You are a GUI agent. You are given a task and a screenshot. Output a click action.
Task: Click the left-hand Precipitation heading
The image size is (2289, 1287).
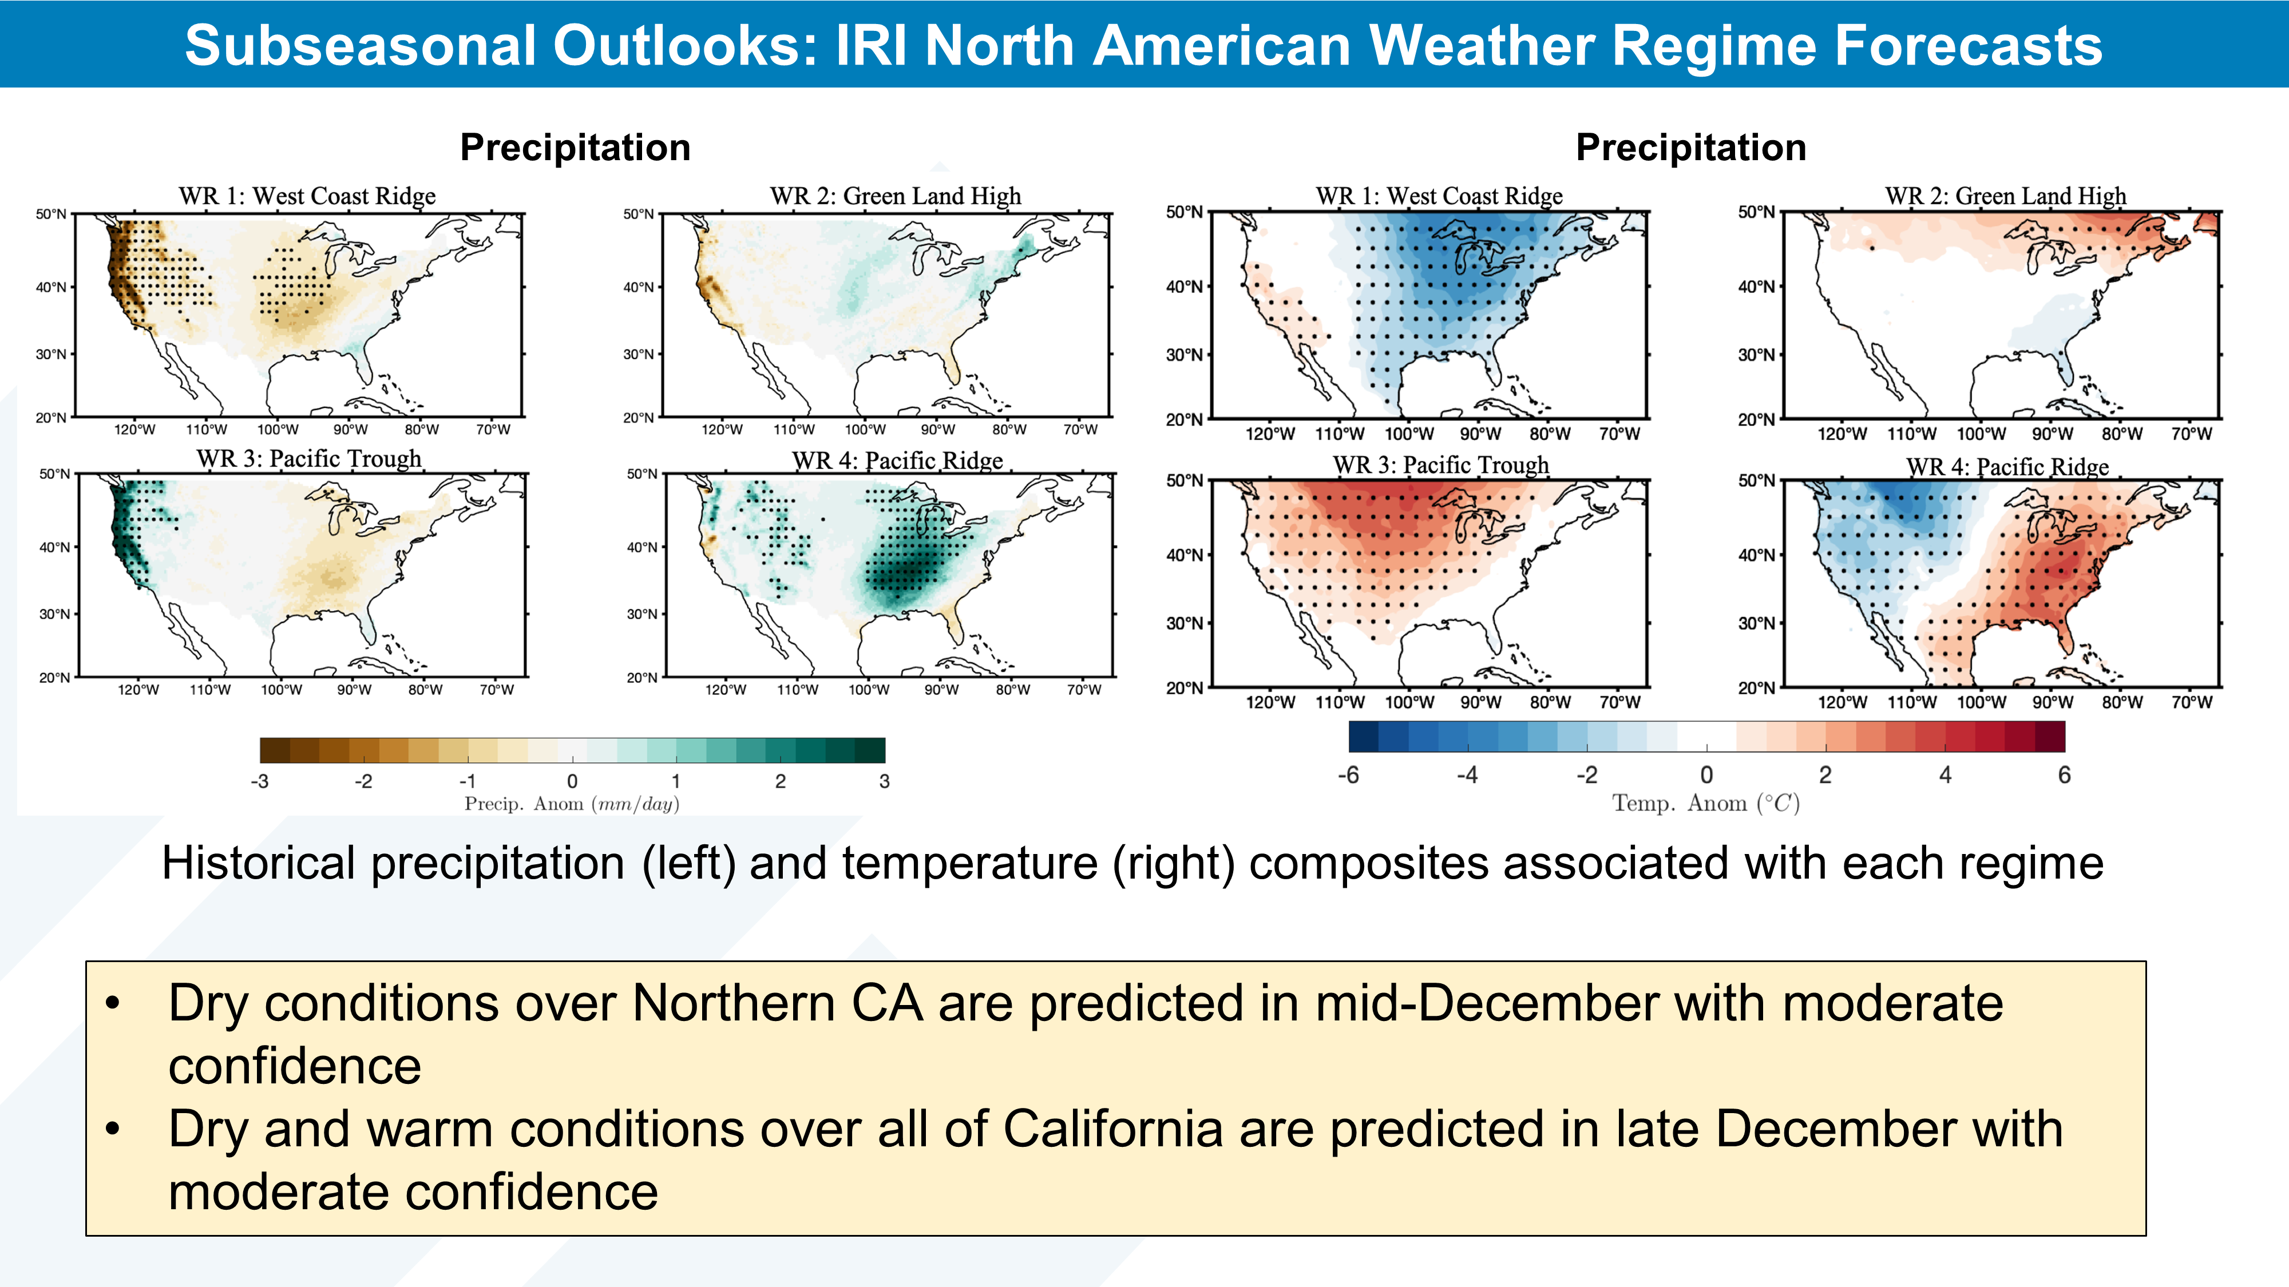(x=575, y=148)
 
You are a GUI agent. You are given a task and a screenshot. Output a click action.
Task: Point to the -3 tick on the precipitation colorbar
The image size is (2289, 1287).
(x=259, y=781)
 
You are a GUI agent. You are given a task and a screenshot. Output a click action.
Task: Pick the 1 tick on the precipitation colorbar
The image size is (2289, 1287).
(x=676, y=781)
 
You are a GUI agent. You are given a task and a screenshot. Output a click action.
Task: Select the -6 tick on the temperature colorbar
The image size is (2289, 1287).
(x=1348, y=776)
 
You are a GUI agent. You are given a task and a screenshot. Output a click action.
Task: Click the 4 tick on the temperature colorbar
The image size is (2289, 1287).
(x=1945, y=776)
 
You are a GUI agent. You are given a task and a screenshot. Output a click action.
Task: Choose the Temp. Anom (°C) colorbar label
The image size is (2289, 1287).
(x=1705, y=804)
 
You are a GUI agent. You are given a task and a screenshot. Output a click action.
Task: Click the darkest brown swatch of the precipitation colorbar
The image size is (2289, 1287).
(x=275, y=750)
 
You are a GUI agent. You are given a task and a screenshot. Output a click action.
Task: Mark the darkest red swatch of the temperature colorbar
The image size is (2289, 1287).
(x=2050, y=736)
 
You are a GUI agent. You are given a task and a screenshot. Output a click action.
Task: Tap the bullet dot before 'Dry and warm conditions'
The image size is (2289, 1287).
(x=112, y=1130)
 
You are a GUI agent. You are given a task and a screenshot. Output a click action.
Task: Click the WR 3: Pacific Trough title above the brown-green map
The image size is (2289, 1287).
(x=308, y=459)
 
